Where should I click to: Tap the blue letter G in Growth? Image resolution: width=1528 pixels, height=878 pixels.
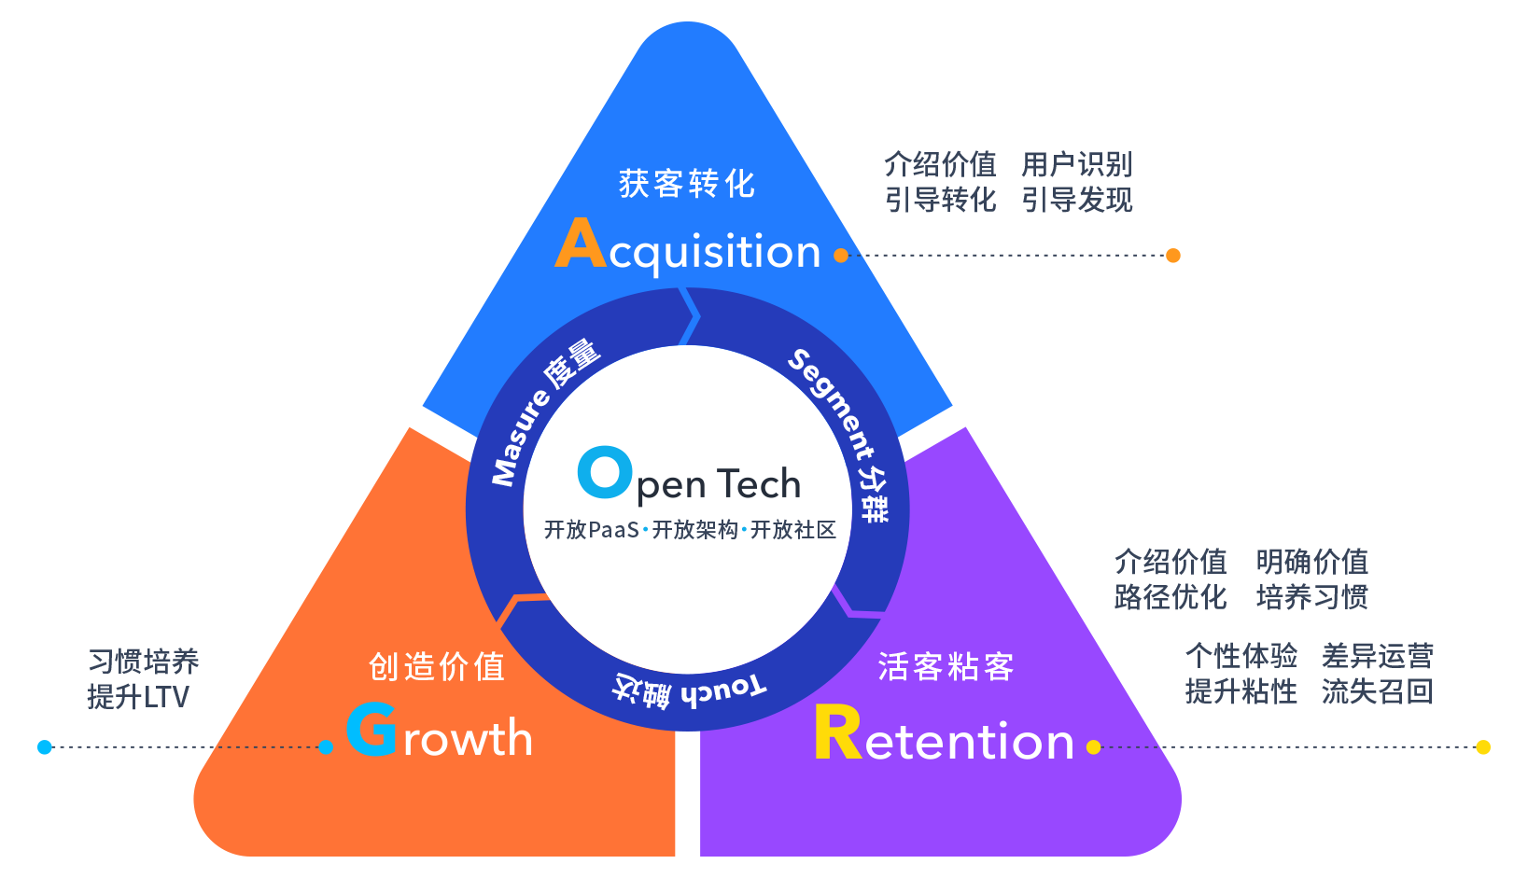[371, 730]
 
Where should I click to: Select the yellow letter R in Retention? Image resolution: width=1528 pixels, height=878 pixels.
[837, 733]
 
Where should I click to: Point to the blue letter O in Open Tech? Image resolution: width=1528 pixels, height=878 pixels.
[604, 472]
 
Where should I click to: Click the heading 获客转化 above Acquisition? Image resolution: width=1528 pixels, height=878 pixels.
[686, 184]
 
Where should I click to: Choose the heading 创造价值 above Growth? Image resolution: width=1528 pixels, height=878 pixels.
[437, 667]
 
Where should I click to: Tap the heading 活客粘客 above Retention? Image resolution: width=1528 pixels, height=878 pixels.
[946, 667]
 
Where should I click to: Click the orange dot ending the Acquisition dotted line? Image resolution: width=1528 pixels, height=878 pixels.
[1173, 256]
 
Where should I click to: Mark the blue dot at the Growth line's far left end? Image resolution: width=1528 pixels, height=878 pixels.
[45, 747]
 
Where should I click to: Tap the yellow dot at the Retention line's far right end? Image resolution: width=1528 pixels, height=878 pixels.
[1482, 747]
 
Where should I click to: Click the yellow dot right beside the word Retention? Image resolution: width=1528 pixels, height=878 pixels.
[1094, 746]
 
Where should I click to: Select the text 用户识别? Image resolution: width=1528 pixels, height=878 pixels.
[1076, 165]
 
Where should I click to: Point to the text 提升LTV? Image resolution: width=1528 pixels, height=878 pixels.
[138, 697]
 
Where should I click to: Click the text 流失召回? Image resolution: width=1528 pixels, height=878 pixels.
[1377, 691]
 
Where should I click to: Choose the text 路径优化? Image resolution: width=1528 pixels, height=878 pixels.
[1170, 597]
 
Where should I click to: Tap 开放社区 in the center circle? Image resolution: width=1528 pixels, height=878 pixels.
[793, 530]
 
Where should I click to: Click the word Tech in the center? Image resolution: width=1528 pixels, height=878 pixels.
[759, 484]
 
